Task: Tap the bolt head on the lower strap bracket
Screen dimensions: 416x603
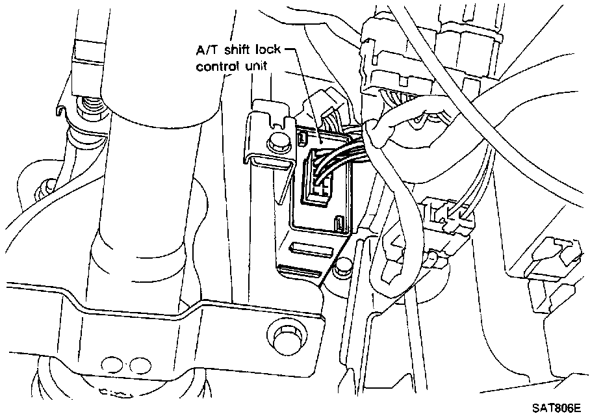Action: click(x=284, y=338)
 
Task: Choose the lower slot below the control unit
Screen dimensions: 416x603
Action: click(x=300, y=269)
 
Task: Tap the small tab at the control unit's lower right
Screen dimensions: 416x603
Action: click(x=340, y=226)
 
